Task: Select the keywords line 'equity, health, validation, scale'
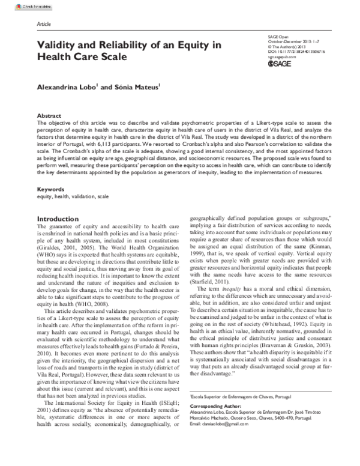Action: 73,196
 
